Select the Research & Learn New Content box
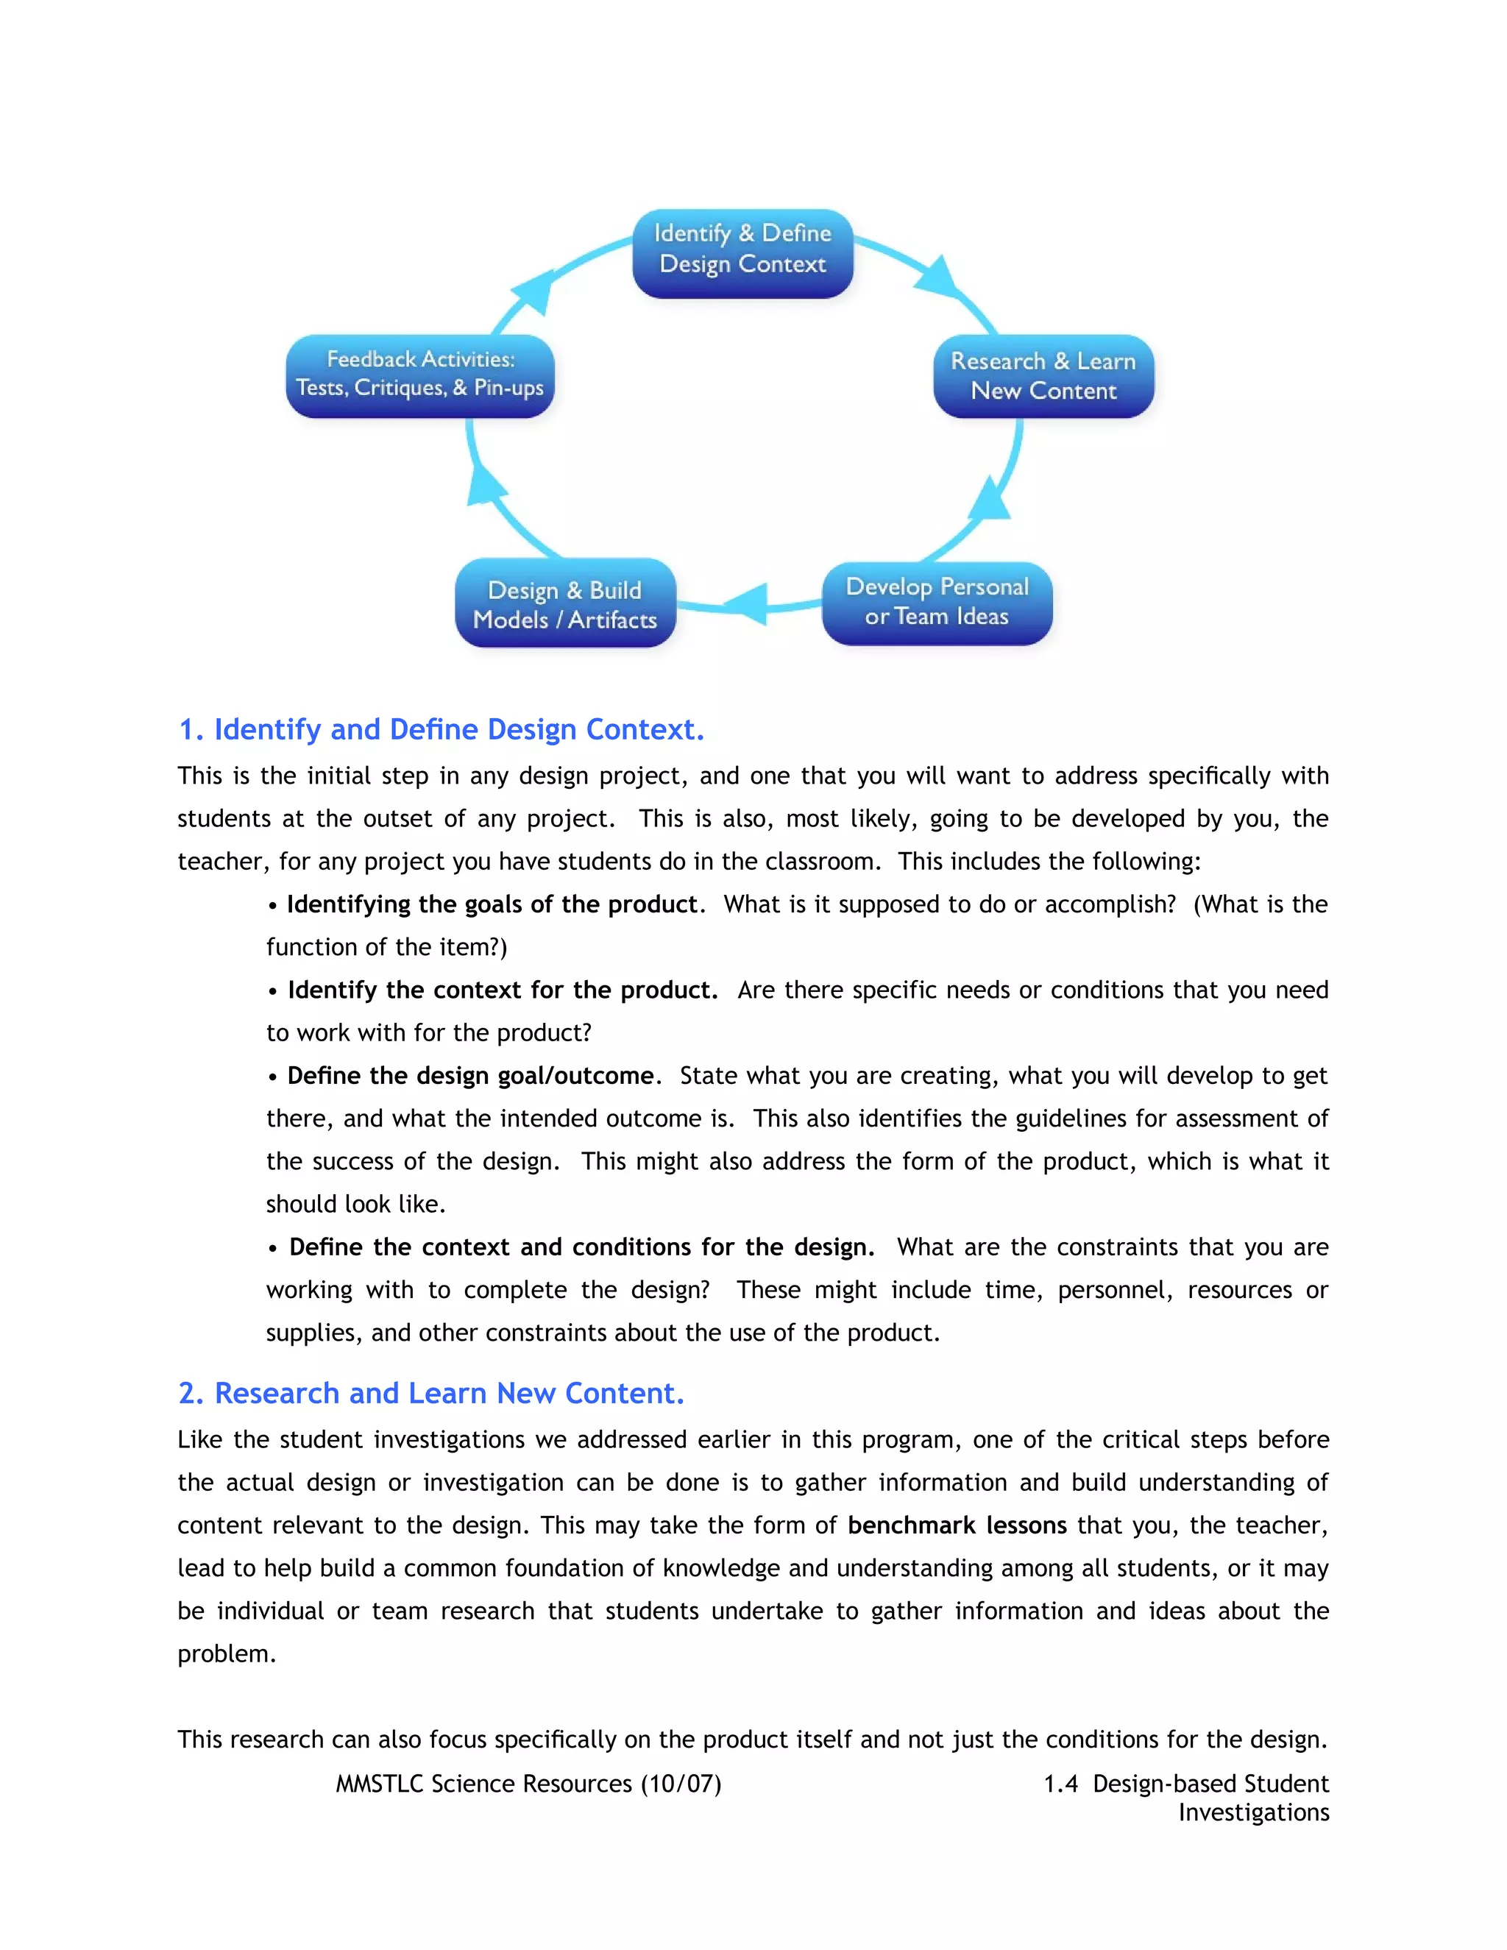click(1043, 376)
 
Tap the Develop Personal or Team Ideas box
click(937, 602)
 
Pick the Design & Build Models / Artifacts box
click(565, 604)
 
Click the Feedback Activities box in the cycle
click(419, 374)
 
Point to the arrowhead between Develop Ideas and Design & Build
click(748, 603)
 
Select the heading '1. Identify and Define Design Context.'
click(441, 729)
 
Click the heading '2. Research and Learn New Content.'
click(431, 1393)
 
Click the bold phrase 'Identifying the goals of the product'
click(491, 904)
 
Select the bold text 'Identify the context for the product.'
click(503, 990)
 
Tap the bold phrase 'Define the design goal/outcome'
click(470, 1076)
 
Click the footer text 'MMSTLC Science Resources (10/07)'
click(528, 1783)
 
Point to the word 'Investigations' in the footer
click(1252, 1812)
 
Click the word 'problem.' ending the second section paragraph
click(227, 1653)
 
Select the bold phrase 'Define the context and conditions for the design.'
click(581, 1247)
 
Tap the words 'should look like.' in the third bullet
click(355, 1205)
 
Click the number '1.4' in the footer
click(1060, 1783)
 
